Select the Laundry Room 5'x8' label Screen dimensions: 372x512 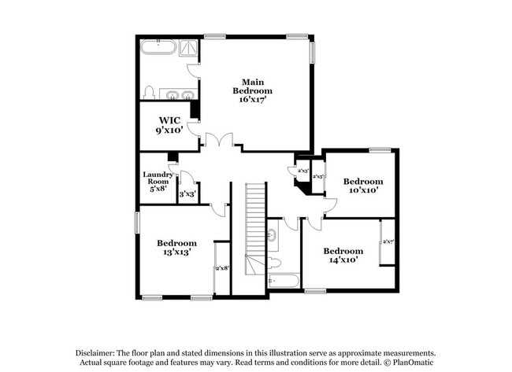click(x=157, y=181)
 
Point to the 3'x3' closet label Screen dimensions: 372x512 click(x=187, y=193)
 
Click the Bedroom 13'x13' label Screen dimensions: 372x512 click(x=176, y=248)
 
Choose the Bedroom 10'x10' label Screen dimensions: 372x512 click(x=363, y=185)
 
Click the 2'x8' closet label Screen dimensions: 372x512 click(x=222, y=268)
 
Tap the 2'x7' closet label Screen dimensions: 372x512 click(x=388, y=241)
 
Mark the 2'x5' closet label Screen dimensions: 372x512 click(x=318, y=177)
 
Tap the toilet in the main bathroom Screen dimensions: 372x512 click(x=148, y=91)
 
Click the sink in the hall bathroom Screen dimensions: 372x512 click(x=272, y=234)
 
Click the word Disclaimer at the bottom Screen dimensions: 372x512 click(x=96, y=354)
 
